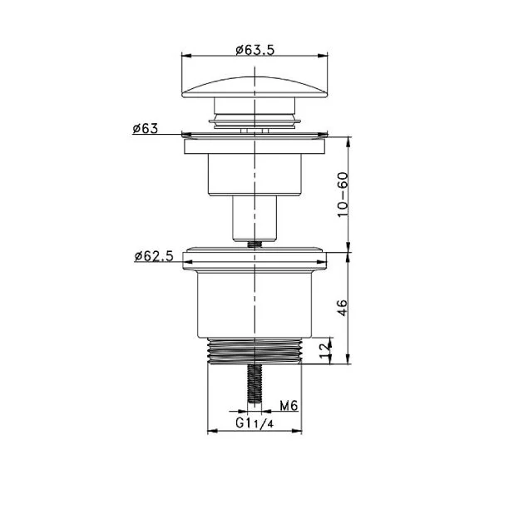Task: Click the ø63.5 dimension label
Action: (x=255, y=50)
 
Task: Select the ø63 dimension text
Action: (x=145, y=129)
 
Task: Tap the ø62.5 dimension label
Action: (x=154, y=256)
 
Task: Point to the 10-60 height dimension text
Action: (x=343, y=195)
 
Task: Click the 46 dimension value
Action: (x=343, y=308)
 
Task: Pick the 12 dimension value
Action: (x=325, y=351)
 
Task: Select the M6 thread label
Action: (x=289, y=405)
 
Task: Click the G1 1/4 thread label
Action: (x=254, y=423)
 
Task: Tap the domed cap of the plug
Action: (x=254, y=87)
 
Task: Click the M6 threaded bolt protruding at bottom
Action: (x=254, y=383)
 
